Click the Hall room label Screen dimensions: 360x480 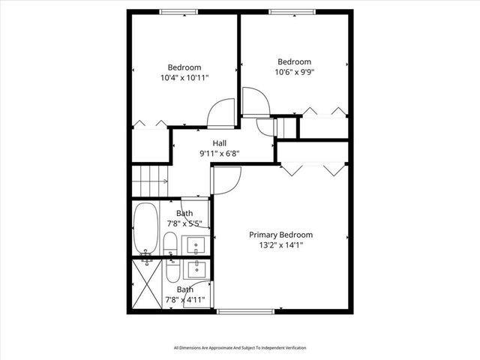219,143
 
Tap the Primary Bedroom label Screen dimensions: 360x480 280,235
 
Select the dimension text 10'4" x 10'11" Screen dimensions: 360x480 184,77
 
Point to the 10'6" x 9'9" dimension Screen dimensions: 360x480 294,73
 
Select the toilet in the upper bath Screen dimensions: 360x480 169,244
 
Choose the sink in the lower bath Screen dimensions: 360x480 198,268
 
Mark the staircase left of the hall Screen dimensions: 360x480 150,180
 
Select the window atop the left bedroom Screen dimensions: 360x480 179,12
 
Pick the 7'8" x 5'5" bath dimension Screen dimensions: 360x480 184,223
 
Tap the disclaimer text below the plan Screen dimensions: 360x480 240,347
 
